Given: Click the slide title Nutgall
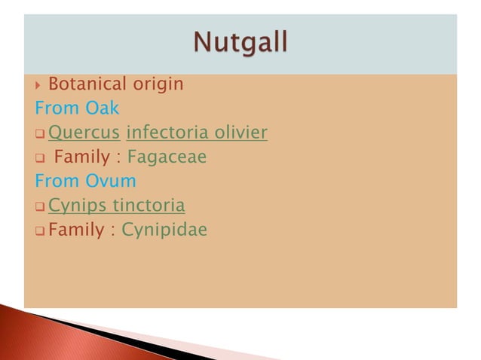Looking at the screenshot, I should [240, 44].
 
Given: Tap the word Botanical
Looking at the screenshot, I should [82, 84].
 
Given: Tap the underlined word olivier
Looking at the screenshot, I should [238, 133].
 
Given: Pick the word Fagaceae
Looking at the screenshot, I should [167, 157].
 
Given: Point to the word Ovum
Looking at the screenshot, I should [109, 182].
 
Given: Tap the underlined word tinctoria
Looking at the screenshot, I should [149, 206].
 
